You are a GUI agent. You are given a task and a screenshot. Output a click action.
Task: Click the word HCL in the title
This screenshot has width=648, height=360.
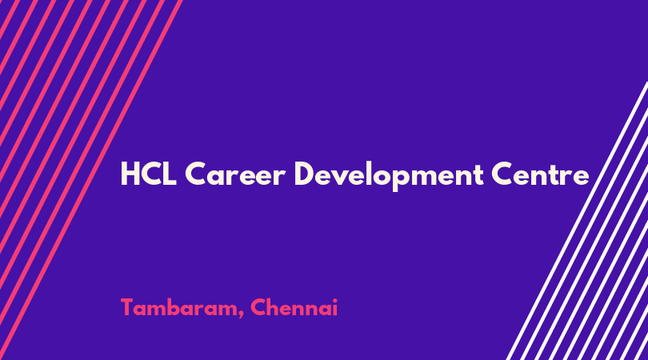(149, 174)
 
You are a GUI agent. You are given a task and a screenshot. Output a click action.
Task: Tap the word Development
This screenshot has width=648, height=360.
(389, 175)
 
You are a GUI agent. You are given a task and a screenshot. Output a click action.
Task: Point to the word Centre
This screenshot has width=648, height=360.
(540, 174)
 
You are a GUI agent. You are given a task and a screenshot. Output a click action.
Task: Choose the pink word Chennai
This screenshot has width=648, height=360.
(294, 307)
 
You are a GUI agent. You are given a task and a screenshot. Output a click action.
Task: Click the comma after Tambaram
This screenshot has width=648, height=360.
(242, 315)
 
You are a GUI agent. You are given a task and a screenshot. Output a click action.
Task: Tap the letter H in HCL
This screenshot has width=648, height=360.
(130, 174)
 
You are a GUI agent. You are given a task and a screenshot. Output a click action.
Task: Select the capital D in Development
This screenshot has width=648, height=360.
(304, 174)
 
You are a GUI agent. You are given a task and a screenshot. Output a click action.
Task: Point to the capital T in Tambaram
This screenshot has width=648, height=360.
(128, 307)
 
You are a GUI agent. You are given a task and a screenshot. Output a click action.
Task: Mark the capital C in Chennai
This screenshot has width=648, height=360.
(258, 307)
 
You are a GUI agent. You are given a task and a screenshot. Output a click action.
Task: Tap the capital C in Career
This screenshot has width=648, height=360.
(195, 174)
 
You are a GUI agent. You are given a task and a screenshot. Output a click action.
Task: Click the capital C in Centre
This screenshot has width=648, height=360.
(502, 174)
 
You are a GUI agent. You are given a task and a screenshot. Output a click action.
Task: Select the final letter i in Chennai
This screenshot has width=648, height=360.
(334, 307)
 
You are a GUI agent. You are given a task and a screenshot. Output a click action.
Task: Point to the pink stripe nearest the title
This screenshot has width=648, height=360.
(90, 180)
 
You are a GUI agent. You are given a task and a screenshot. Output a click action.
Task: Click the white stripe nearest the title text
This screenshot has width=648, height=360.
(577, 221)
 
